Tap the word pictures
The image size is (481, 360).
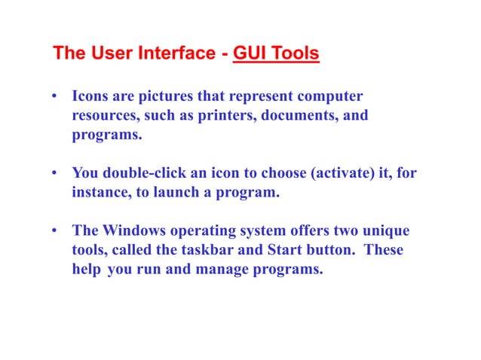coord(164,99)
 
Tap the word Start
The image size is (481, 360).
coord(279,249)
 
